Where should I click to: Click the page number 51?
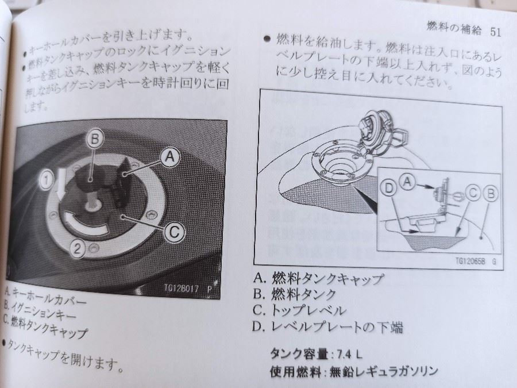point(496,32)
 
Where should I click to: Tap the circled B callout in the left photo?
point(95,139)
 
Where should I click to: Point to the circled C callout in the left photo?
point(175,232)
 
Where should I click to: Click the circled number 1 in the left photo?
point(47,180)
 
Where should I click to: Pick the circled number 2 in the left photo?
point(78,248)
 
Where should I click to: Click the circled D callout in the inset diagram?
point(389,188)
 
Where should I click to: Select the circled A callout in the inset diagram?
point(407,182)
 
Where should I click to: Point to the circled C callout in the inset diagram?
point(473,193)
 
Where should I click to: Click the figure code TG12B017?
point(182,288)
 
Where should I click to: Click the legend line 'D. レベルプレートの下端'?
point(327,327)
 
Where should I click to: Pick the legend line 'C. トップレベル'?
point(299,310)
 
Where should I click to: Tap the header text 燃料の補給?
point(454,28)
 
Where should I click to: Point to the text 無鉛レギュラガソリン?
point(384,371)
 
